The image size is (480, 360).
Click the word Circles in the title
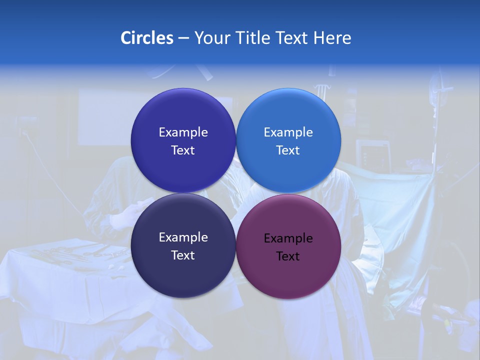pos(146,38)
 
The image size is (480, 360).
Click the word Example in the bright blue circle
pos(288,132)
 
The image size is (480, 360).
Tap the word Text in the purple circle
pos(288,256)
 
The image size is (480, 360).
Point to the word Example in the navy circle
pos(183,237)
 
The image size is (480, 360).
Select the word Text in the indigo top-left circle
pos(183,150)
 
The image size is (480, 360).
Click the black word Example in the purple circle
pos(288,238)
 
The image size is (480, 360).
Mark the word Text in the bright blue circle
pos(288,150)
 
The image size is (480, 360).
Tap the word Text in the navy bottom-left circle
pos(183,255)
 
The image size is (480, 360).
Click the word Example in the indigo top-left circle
pos(183,132)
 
